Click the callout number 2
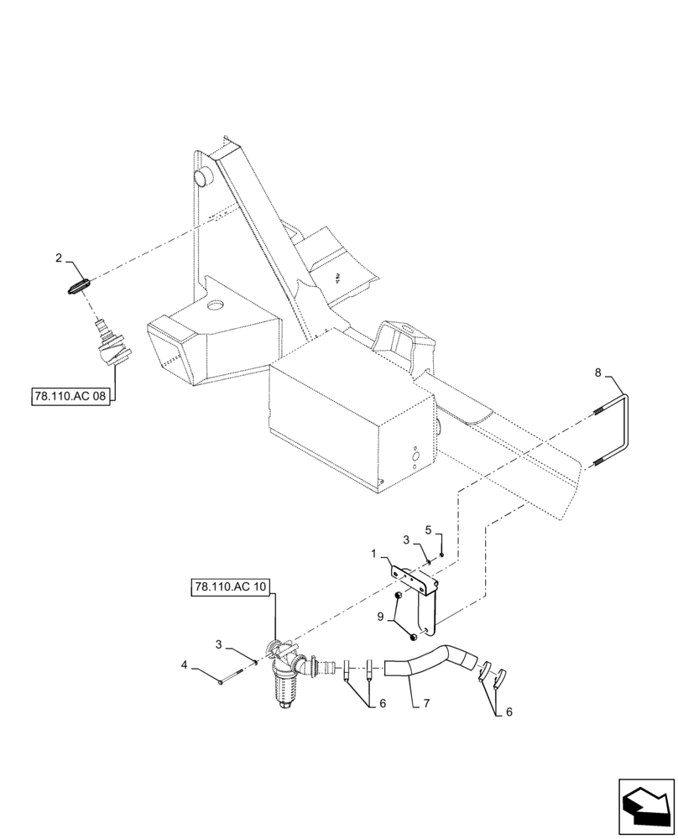[60, 260]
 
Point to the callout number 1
[375, 555]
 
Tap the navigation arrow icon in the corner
[645, 806]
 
